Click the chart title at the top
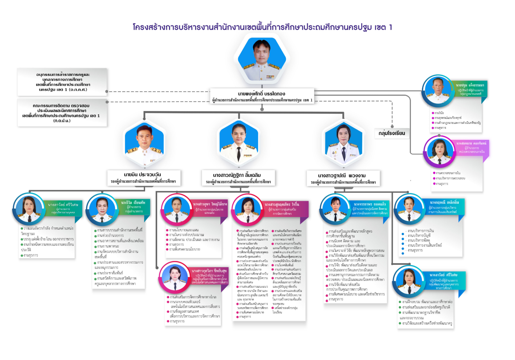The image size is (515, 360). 262,27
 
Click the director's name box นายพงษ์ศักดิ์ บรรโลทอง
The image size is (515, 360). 262,96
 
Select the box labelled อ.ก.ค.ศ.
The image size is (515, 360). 62,82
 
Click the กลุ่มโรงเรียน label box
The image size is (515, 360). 392,133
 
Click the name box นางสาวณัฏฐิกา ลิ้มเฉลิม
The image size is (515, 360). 238,178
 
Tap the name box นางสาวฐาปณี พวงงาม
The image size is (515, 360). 343,179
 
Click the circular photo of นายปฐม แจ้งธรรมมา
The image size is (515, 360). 438,91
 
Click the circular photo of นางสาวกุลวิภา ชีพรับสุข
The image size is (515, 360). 175,279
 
